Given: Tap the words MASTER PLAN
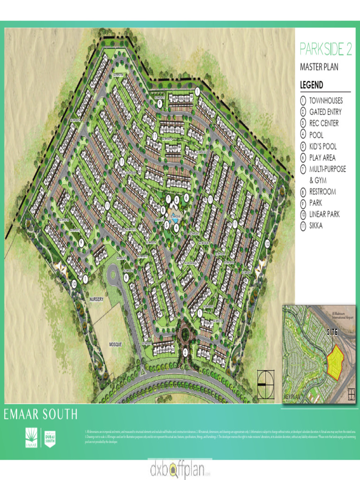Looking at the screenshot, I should tap(319, 67).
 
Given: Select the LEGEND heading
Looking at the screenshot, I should tap(311, 85).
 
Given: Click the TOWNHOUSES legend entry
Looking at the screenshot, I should tap(326, 101).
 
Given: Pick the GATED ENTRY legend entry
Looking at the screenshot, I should tap(325, 112).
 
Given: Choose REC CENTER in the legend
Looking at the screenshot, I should tap(323, 123).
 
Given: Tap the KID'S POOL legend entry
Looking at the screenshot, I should tap(322, 146).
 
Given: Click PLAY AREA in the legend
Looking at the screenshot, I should tap(322, 158).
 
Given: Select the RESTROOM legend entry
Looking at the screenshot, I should tap(322, 192).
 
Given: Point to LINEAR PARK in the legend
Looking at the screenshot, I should tap(324, 214).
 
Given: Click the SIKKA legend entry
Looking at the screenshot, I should tap(316, 225).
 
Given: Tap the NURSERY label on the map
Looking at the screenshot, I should tap(96, 299).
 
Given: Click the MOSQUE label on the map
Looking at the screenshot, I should tap(115, 345).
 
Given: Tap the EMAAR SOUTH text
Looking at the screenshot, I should tap(41, 414).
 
